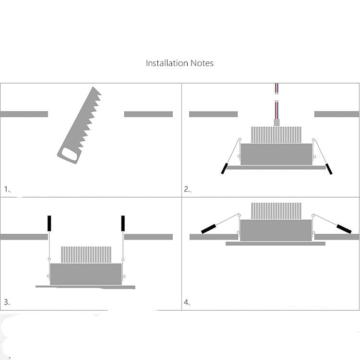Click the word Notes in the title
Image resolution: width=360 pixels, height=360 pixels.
[x=202, y=63]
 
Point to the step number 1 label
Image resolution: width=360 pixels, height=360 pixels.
[x=7, y=189]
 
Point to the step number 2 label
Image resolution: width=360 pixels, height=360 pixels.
[x=187, y=189]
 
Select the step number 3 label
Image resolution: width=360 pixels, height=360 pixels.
[x=7, y=302]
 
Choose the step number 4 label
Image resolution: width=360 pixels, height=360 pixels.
[x=187, y=302]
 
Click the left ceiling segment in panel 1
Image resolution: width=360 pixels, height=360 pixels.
[x=24, y=114]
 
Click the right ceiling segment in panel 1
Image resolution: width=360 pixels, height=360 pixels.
[x=148, y=114]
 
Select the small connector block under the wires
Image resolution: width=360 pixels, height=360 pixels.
[x=276, y=122]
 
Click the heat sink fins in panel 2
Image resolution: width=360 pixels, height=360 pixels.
[x=276, y=135]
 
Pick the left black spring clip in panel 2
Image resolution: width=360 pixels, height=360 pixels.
[x=224, y=168]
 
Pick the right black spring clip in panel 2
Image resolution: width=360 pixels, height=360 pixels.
[x=329, y=168]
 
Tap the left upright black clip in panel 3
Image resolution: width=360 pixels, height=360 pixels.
[x=49, y=223]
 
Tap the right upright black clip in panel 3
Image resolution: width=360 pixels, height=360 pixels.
[x=123, y=223]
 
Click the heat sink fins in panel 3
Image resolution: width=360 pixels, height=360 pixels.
[x=86, y=254]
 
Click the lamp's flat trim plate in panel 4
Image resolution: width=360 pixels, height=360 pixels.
[x=276, y=244]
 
